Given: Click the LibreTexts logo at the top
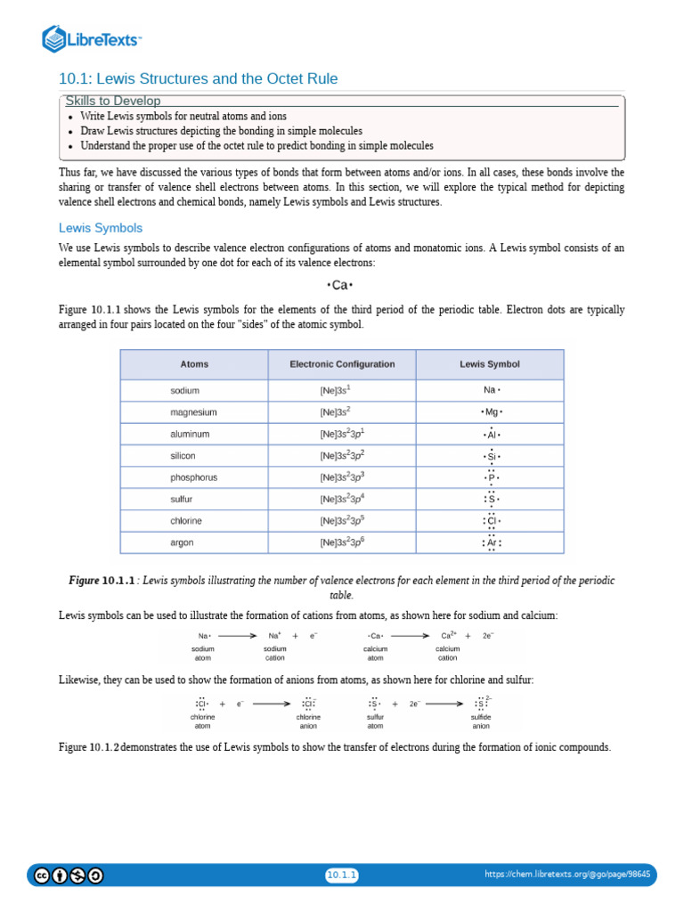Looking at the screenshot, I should pyautogui.click(x=93, y=39).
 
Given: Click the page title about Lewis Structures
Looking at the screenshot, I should pyautogui.click(x=198, y=79).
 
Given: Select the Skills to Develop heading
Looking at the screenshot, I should pyautogui.click(x=112, y=102).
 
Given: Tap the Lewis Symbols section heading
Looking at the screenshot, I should pyautogui.click(x=100, y=228).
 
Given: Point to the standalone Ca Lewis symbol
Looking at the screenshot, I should pyautogui.click(x=341, y=285).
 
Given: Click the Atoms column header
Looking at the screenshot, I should pyautogui.click(x=194, y=364).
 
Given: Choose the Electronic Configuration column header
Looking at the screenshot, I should pyautogui.click(x=342, y=364).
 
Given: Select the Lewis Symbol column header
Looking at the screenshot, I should pyautogui.click(x=489, y=364).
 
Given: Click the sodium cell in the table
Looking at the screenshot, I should pyautogui.click(x=184, y=391).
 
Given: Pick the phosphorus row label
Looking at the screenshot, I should pyautogui.click(x=193, y=477).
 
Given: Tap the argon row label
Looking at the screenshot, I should pyautogui.click(x=182, y=542).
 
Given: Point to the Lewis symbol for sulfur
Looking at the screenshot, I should pyautogui.click(x=490, y=499).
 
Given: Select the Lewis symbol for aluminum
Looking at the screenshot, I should pyautogui.click(x=490, y=435).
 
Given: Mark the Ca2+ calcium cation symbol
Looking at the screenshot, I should pyautogui.click(x=449, y=636).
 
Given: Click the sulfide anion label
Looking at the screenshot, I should pyautogui.click(x=481, y=721).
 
